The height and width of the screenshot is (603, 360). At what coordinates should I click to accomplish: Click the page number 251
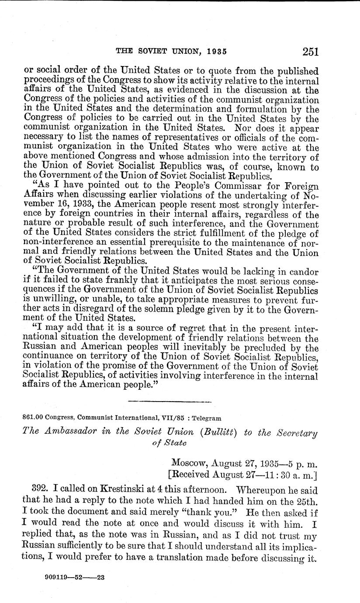coord(310,52)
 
